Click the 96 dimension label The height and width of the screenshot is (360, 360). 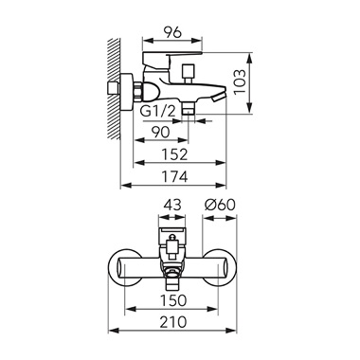[172, 32]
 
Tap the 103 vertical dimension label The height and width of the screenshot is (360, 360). [240, 81]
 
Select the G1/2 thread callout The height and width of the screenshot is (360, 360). [157, 112]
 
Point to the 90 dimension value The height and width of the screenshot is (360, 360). [161, 132]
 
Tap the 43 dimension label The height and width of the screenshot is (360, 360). [172, 206]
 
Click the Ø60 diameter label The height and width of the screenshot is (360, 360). [220, 206]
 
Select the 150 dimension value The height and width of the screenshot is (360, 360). [173, 300]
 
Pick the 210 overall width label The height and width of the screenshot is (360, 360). [173, 322]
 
